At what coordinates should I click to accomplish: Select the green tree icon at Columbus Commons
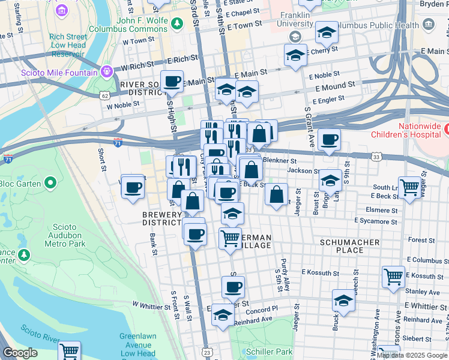[x=176, y=23]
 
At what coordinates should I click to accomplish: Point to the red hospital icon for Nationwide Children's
[x=447, y=128]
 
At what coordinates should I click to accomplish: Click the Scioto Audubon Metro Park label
[x=60, y=236]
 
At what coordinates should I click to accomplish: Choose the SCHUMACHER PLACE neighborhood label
[x=349, y=247]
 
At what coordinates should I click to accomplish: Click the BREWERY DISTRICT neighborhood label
[x=161, y=218]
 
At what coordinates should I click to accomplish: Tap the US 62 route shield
[x=105, y=95]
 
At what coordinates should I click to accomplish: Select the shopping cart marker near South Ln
[x=409, y=187]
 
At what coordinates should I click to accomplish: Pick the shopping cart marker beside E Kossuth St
[x=393, y=277]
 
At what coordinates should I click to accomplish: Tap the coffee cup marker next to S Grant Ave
[x=328, y=140]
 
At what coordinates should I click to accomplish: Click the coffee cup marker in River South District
[x=172, y=81]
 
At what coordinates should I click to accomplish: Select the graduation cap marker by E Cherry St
[x=295, y=56]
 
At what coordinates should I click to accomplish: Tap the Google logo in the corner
[x=20, y=353]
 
